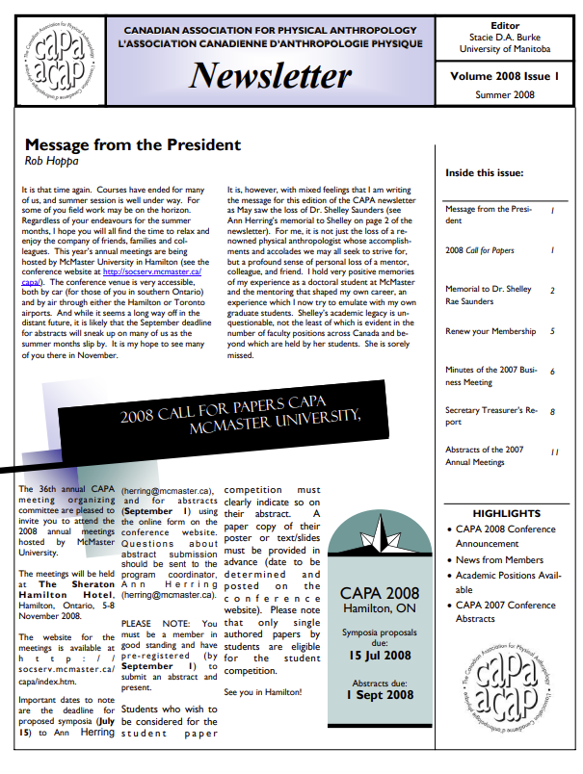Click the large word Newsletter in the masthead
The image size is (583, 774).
coord(269,75)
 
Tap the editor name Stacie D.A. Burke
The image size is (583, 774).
coord(505,37)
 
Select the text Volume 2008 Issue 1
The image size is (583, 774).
coord(505,75)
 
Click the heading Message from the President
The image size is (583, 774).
coord(132,144)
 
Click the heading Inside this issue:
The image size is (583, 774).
coord(484,173)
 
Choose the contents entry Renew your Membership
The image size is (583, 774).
coord(490,331)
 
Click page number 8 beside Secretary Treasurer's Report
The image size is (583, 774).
coord(552,412)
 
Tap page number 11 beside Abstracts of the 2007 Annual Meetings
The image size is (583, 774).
coord(554,451)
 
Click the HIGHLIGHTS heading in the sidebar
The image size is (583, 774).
coord(506,513)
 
